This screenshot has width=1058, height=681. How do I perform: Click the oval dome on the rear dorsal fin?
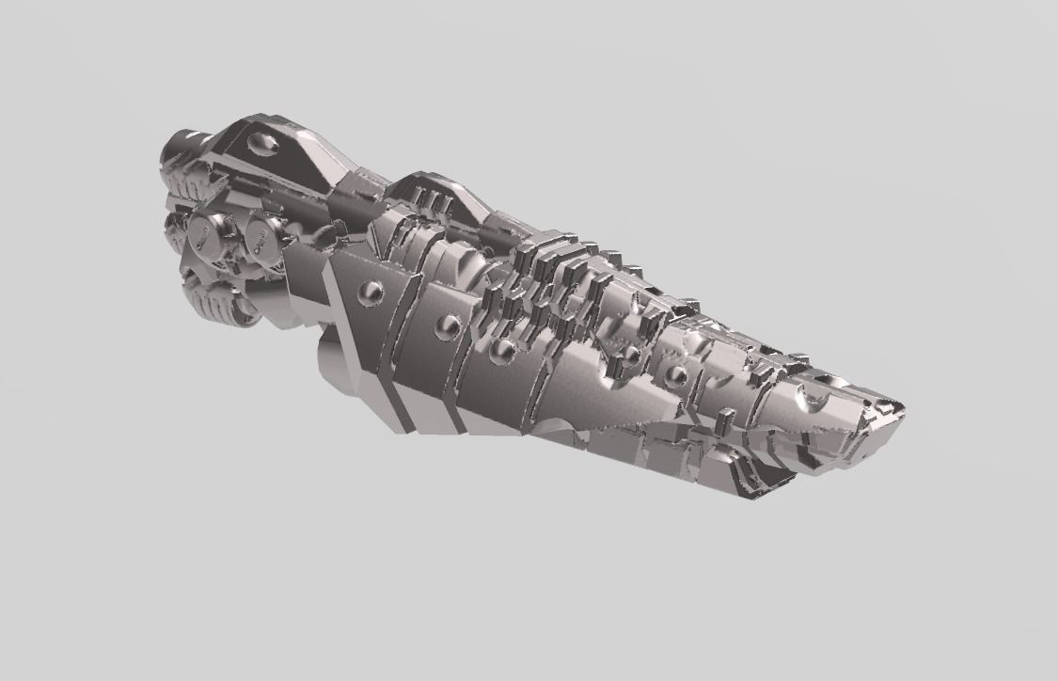tap(262, 143)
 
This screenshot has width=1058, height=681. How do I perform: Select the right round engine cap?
tap(262, 239)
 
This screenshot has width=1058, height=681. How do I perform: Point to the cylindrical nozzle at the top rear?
tap(179, 147)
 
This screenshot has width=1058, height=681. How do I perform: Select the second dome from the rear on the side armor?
tap(450, 326)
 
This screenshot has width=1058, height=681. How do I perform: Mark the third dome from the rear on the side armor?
tap(502, 350)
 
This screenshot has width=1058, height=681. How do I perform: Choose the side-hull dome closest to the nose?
tap(675, 375)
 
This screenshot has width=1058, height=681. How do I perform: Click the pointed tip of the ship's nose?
tap(900, 407)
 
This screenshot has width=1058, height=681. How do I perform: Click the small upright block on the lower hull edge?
tap(726, 417)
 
